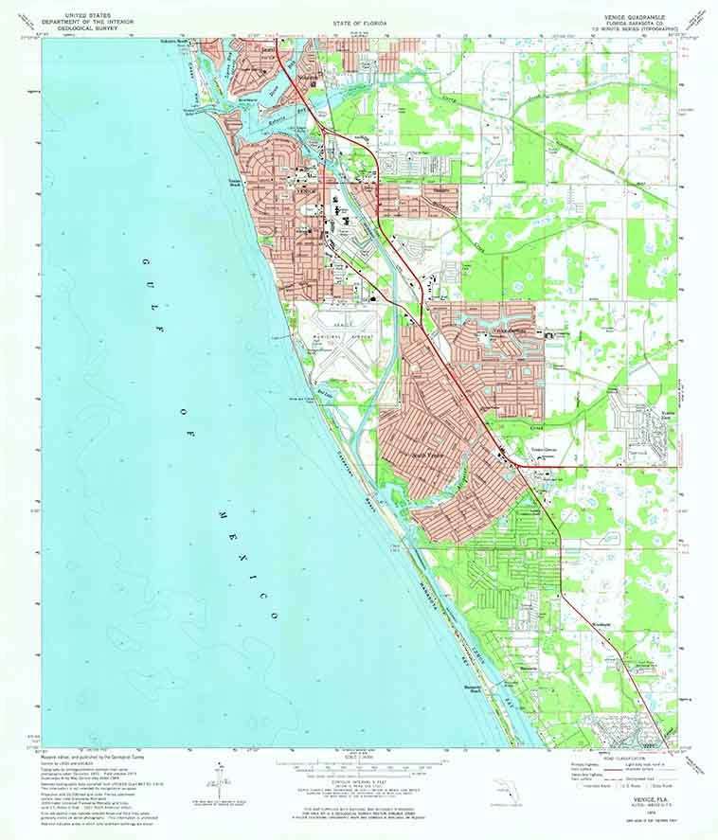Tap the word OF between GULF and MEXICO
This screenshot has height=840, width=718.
pyautogui.click(x=192, y=423)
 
